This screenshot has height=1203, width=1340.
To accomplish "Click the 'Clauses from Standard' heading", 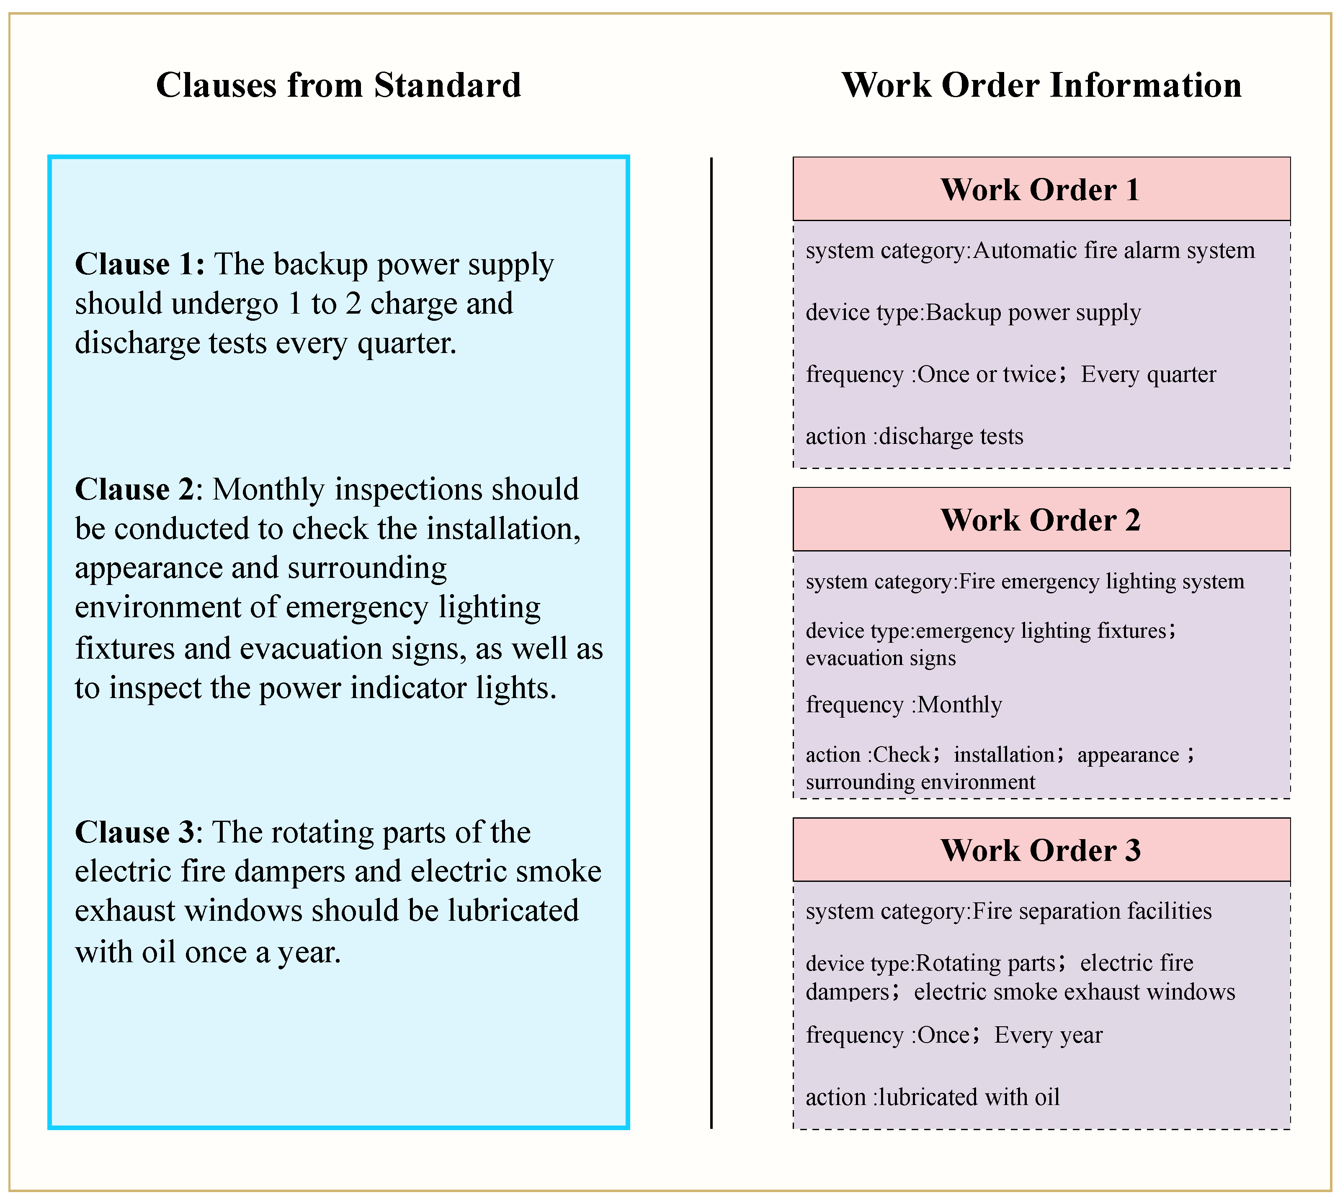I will pyautogui.click(x=338, y=85).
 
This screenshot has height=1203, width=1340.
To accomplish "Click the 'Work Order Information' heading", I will pyautogui.click(x=1041, y=85).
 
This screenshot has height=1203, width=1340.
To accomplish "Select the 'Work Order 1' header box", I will pyautogui.click(x=1041, y=189).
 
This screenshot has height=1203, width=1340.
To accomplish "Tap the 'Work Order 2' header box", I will pyautogui.click(x=1041, y=520).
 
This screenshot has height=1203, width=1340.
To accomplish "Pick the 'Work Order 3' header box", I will pyautogui.click(x=1041, y=850).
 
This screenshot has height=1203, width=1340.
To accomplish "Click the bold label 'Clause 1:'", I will pyautogui.click(x=139, y=264).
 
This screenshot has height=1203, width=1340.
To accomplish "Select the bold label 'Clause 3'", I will pyautogui.click(x=134, y=832).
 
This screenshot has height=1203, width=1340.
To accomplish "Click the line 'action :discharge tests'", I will pyautogui.click(x=914, y=436).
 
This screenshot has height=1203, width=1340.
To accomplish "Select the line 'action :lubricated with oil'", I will pyautogui.click(x=932, y=1097).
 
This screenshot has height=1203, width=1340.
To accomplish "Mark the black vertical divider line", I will pyautogui.click(x=711, y=642).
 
